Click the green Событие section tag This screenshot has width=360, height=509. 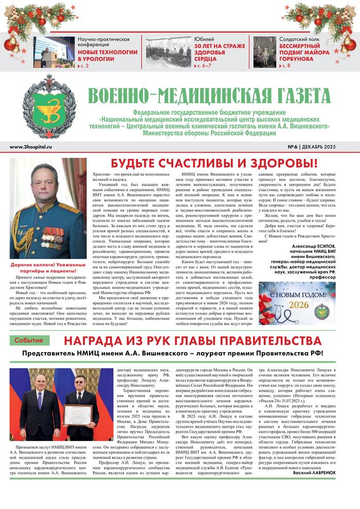[29, 340]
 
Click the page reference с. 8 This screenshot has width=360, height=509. [285, 67]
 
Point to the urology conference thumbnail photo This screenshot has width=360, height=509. [54, 52]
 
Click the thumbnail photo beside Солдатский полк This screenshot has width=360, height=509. [264, 52]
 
